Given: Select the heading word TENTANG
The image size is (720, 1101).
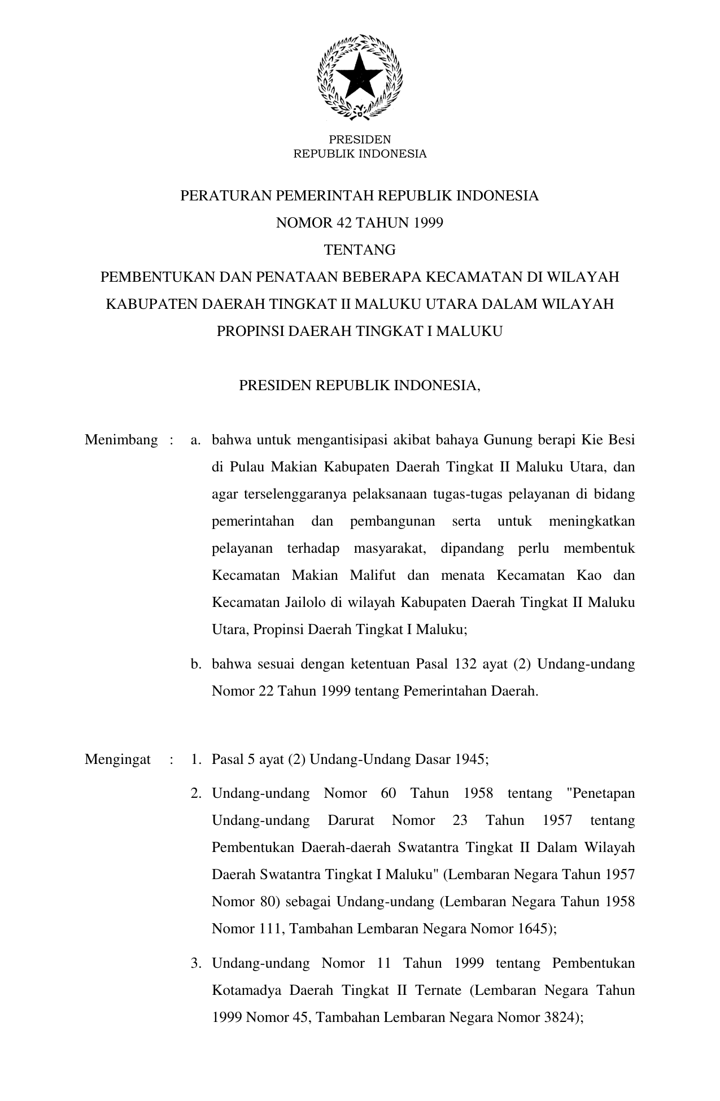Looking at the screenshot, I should point(360,250).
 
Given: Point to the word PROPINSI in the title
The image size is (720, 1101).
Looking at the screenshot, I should point(250,331).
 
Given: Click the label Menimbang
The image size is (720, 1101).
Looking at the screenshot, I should point(121,440).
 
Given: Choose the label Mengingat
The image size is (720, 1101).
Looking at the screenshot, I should point(117,759).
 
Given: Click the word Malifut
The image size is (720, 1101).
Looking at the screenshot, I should point(373,575).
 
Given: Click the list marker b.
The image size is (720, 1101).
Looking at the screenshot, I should point(196,664).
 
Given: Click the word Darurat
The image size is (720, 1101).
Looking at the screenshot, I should point(351,820).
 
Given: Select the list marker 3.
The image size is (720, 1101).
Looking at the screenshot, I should point(196,963).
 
